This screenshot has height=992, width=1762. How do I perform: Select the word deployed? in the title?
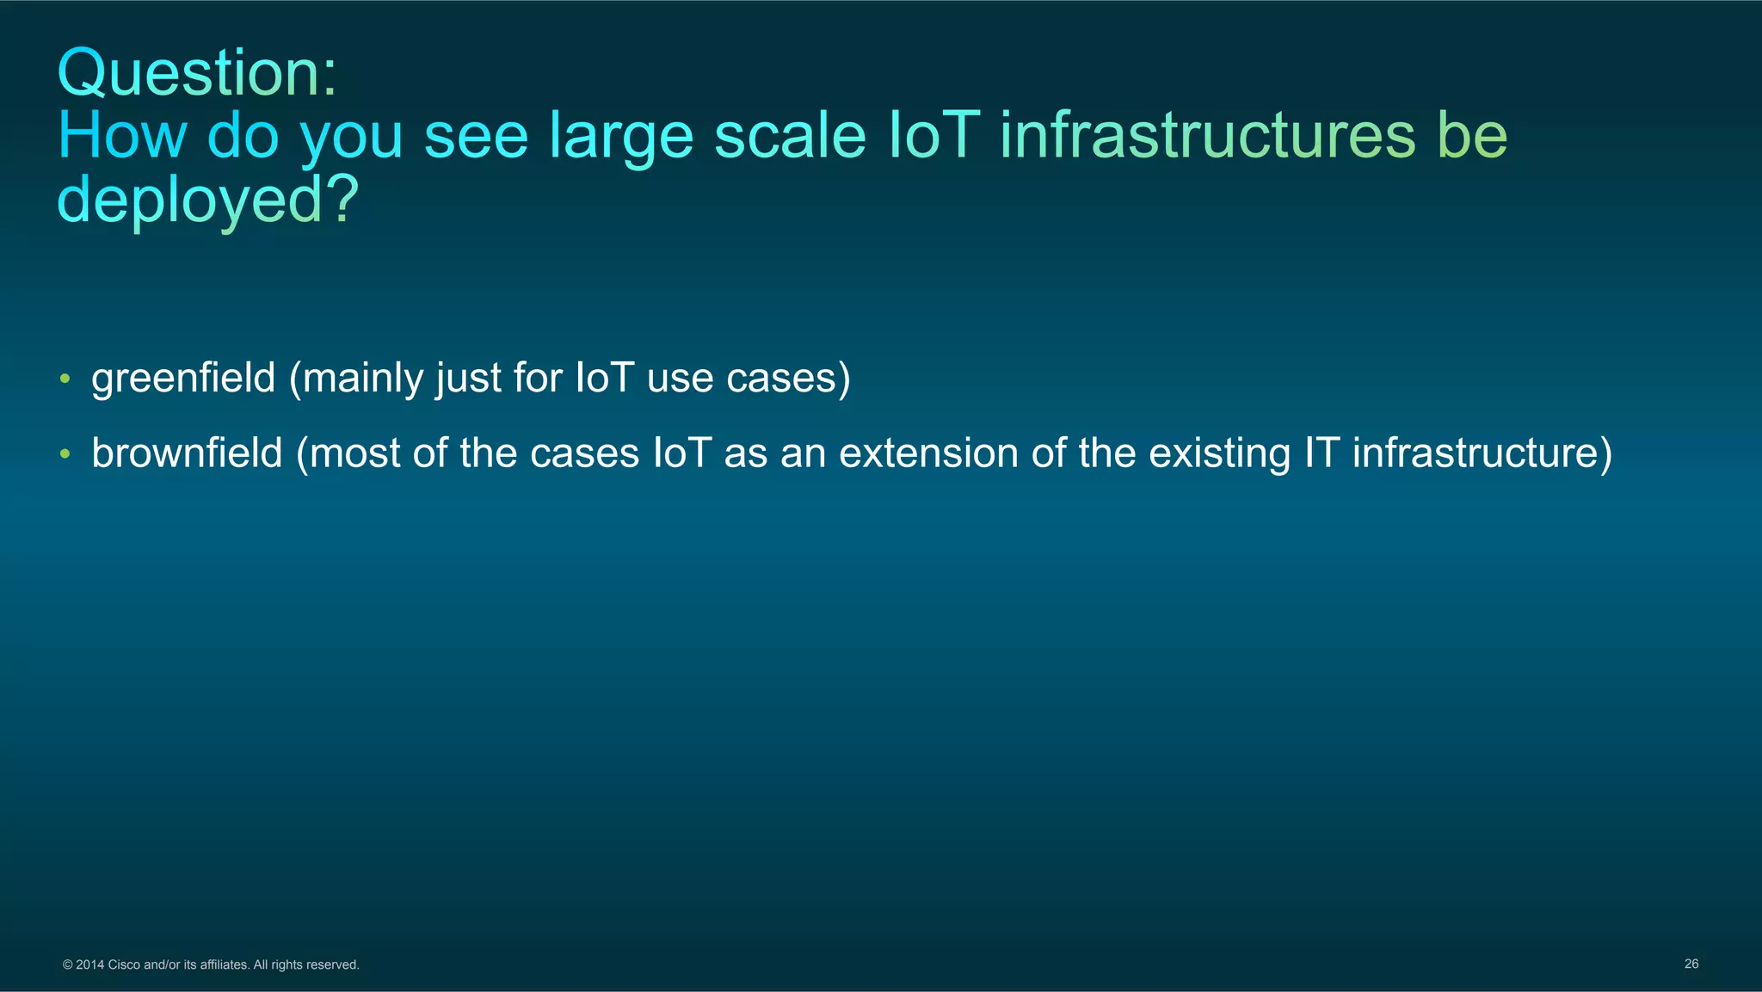[x=207, y=200]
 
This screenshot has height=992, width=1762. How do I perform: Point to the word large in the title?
[x=620, y=138]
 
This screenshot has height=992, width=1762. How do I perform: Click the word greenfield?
[x=183, y=379]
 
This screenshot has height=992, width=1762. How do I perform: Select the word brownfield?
[x=187, y=453]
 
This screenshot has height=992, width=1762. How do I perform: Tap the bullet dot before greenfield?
[x=65, y=379]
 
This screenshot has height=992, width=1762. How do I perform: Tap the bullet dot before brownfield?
[x=65, y=453]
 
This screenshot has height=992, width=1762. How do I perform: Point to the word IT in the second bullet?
[x=1321, y=453]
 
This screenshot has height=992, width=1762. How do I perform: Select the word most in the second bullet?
[x=354, y=453]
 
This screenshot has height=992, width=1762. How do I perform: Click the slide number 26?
[x=1691, y=964]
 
